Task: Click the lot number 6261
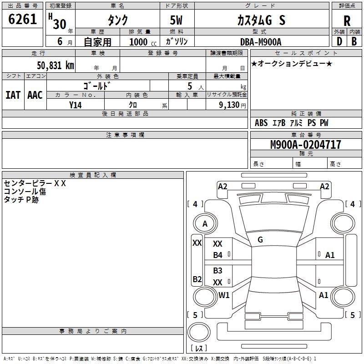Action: coord(23,20)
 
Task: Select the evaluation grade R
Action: coord(347,20)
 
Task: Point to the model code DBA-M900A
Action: coord(261,42)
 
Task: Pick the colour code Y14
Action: coord(76,105)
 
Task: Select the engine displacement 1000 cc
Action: coord(141,42)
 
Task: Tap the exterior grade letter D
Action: coord(339,41)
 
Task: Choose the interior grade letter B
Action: coord(354,41)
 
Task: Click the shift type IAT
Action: coord(13,95)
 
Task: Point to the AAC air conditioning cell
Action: coord(35,95)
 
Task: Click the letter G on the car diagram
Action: coord(260,240)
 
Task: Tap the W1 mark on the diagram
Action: coord(224,295)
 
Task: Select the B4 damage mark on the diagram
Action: coord(218,255)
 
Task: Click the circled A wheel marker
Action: coord(205,223)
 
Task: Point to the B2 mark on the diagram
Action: coord(197,279)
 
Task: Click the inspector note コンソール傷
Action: coord(25,192)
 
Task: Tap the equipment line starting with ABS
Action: coord(291,123)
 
